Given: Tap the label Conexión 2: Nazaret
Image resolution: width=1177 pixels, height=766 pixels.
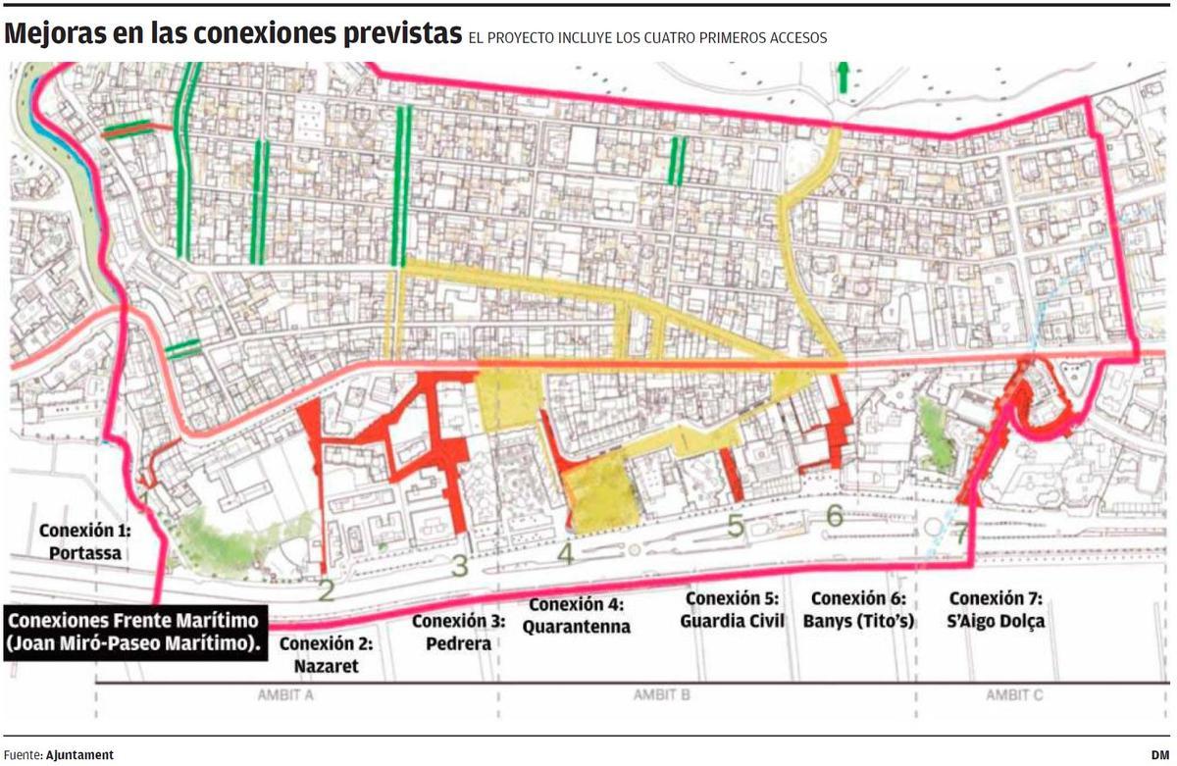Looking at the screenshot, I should [319, 655].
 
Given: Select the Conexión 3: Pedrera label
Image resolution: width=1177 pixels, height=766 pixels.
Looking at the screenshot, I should [458, 632].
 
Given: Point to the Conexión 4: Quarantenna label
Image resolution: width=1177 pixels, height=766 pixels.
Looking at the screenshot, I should [576, 615].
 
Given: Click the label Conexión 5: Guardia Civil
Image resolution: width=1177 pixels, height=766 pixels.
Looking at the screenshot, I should [732, 609].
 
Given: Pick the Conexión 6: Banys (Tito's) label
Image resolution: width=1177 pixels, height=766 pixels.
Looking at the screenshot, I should [857, 609].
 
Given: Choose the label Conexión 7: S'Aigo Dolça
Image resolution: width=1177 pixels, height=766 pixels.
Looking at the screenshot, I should [997, 609].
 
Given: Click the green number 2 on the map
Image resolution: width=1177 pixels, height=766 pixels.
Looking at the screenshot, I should [327, 590].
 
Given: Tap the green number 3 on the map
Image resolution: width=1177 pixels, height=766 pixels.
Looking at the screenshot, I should [459, 566].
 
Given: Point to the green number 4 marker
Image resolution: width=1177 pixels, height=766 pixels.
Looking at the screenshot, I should [564, 554].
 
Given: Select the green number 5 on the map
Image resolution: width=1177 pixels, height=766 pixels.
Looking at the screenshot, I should [736, 527].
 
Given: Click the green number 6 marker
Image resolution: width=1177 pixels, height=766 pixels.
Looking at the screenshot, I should [835, 515].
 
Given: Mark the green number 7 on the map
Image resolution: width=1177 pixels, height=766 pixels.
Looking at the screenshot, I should [960, 532].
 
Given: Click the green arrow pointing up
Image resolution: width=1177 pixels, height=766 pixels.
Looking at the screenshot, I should [842, 77].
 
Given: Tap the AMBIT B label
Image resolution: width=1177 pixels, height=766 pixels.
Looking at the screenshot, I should [657, 693].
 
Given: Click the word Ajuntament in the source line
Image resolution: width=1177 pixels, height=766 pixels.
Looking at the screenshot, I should [79, 755].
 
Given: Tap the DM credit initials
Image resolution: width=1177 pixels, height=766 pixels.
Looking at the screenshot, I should [1160, 755].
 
